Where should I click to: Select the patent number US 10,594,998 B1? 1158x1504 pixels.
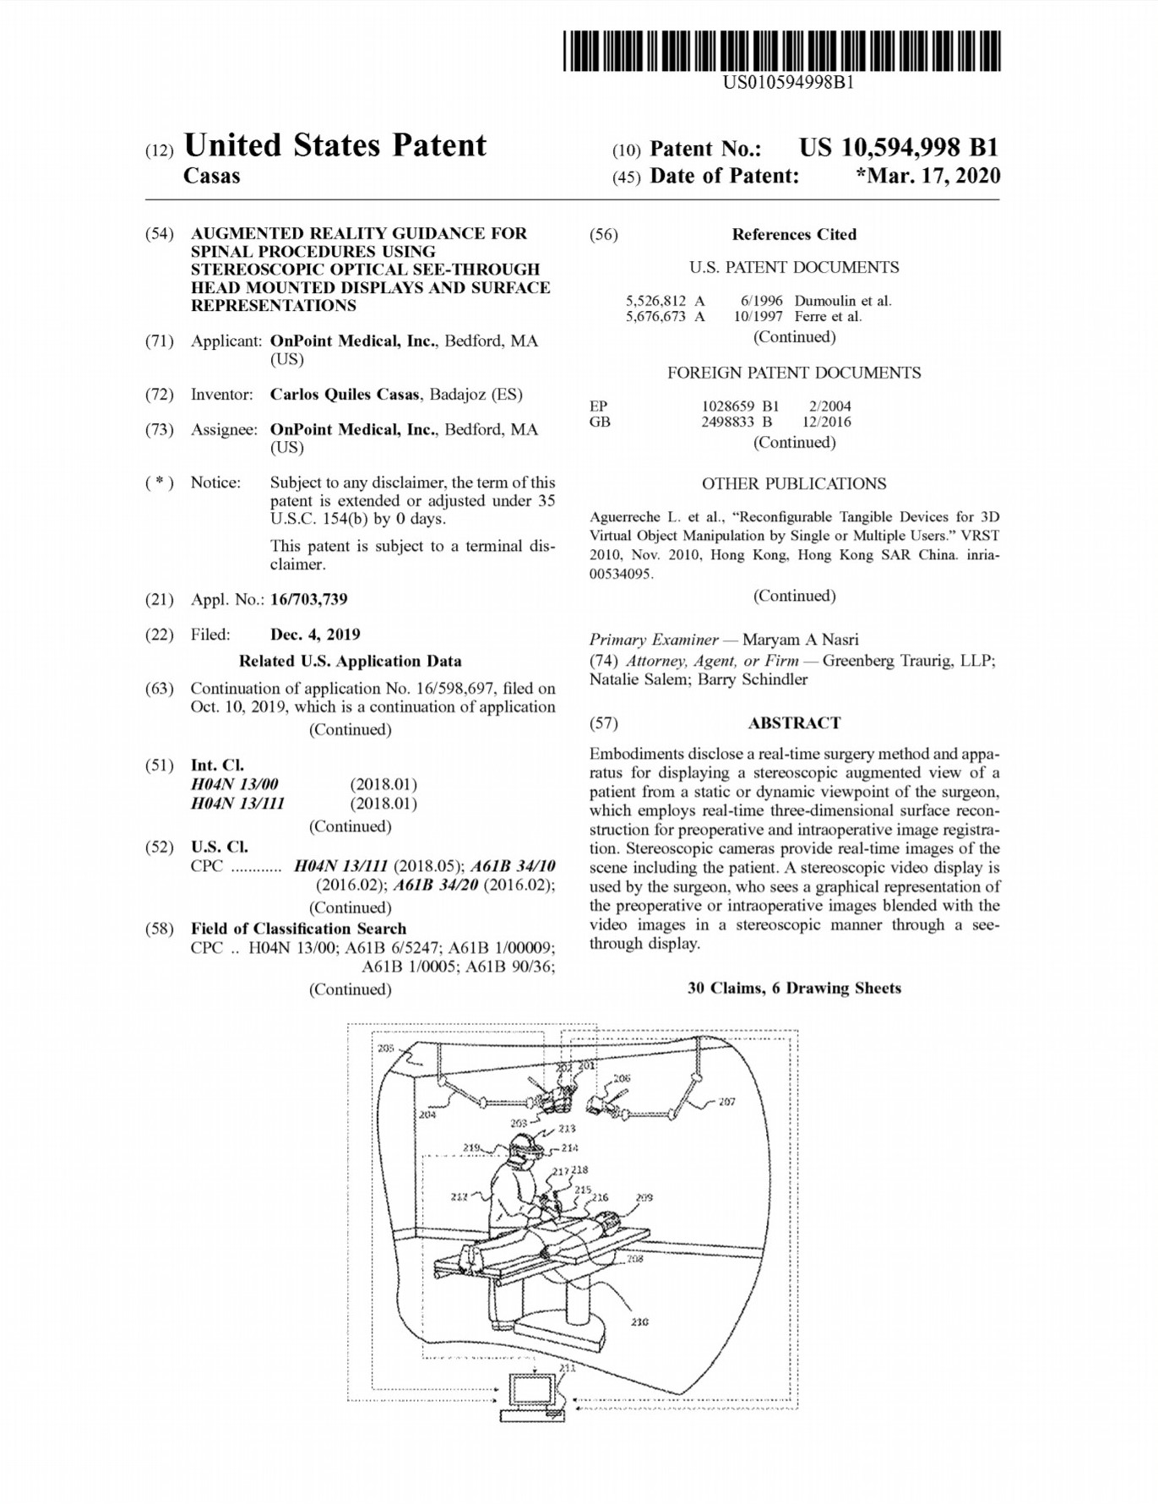pos(899,148)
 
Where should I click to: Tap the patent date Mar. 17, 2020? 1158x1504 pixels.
pos(931,176)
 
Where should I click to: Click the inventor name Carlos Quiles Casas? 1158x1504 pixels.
pos(345,395)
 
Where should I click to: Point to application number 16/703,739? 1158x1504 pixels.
pos(308,600)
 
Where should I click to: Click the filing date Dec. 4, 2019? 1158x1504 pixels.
pos(315,635)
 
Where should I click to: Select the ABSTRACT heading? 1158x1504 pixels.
pos(794,723)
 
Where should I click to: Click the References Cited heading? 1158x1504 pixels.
pos(794,235)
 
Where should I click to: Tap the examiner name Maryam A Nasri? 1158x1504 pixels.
pos(800,640)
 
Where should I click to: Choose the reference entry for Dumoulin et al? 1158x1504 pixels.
pos(758,301)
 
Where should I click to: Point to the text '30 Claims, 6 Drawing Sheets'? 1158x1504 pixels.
pos(794,989)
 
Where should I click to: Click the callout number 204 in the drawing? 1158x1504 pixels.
pos(427,1114)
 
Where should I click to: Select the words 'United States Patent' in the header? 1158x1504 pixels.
pos(334,145)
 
